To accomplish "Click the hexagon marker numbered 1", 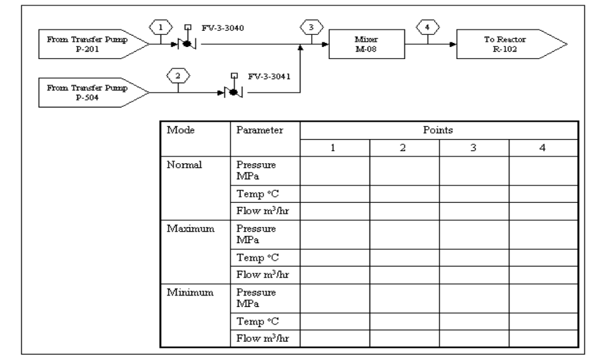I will click(x=159, y=28).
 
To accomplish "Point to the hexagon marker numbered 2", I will click(x=177, y=75).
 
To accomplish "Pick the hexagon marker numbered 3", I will click(x=310, y=28).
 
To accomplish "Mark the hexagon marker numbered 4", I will click(x=426, y=28).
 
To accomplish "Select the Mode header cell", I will click(x=181, y=129).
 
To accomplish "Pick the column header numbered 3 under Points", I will click(x=474, y=147).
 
